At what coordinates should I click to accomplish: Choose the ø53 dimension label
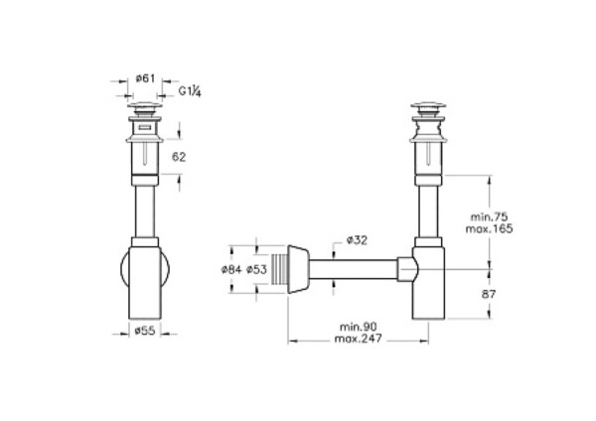tap(257, 269)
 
